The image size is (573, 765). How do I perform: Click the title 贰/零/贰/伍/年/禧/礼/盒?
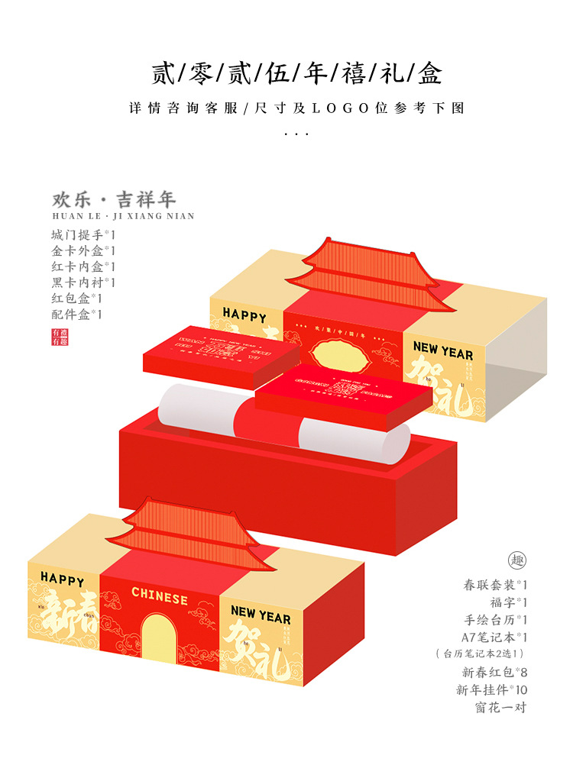pyautogui.click(x=296, y=74)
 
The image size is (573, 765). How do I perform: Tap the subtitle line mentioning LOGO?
pyautogui.click(x=296, y=108)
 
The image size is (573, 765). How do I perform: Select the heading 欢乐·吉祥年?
pyautogui.click(x=114, y=200)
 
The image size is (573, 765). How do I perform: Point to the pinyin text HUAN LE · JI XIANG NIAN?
pyautogui.click(x=123, y=216)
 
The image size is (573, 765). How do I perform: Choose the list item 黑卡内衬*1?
pyautogui.click(x=83, y=282)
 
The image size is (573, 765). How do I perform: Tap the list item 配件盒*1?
pyautogui.click(x=77, y=314)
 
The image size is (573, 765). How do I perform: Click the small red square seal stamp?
pyautogui.click(x=60, y=337)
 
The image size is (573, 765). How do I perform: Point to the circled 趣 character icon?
pyautogui.click(x=517, y=560)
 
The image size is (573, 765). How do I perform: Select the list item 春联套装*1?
pyautogui.click(x=495, y=586)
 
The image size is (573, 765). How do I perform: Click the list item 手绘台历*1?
pyautogui.click(x=495, y=619)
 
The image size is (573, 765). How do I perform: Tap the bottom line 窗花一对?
pyautogui.click(x=500, y=707)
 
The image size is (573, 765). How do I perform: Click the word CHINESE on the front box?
pyautogui.click(x=160, y=594)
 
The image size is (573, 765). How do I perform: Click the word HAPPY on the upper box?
pyautogui.click(x=244, y=315)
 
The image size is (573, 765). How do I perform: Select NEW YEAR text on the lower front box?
pyautogui.click(x=261, y=615)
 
